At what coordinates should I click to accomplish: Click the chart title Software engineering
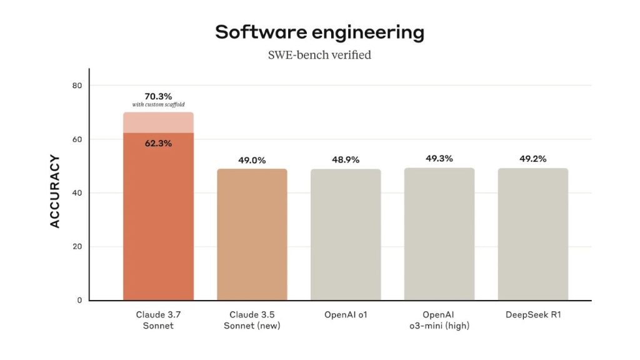click(x=319, y=32)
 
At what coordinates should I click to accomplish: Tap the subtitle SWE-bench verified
click(x=319, y=55)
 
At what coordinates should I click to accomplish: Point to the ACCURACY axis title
click(x=55, y=191)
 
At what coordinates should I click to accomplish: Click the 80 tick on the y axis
click(x=77, y=85)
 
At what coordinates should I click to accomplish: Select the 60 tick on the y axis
click(x=77, y=139)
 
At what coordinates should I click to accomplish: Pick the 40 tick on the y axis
click(x=77, y=192)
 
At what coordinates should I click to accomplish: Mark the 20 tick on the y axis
click(x=77, y=246)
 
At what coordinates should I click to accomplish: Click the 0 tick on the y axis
click(x=79, y=300)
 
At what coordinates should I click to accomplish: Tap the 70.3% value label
click(x=158, y=96)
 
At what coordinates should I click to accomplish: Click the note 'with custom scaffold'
click(x=158, y=104)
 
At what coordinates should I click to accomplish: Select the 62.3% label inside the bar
click(x=158, y=143)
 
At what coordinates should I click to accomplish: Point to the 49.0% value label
click(x=252, y=160)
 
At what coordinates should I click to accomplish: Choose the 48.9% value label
click(x=346, y=160)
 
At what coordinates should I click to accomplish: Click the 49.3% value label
click(x=439, y=159)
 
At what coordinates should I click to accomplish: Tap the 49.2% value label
click(x=533, y=159)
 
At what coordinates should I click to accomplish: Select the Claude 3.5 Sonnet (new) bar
click(x=252, y=234)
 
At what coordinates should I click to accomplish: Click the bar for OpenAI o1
click(x=346, y=234)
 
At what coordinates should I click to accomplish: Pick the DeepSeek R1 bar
click(x=533, y=234)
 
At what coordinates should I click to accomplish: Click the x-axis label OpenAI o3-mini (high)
click(x=439, y=320)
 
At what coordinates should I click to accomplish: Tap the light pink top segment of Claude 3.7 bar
click(x=158, y=122)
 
